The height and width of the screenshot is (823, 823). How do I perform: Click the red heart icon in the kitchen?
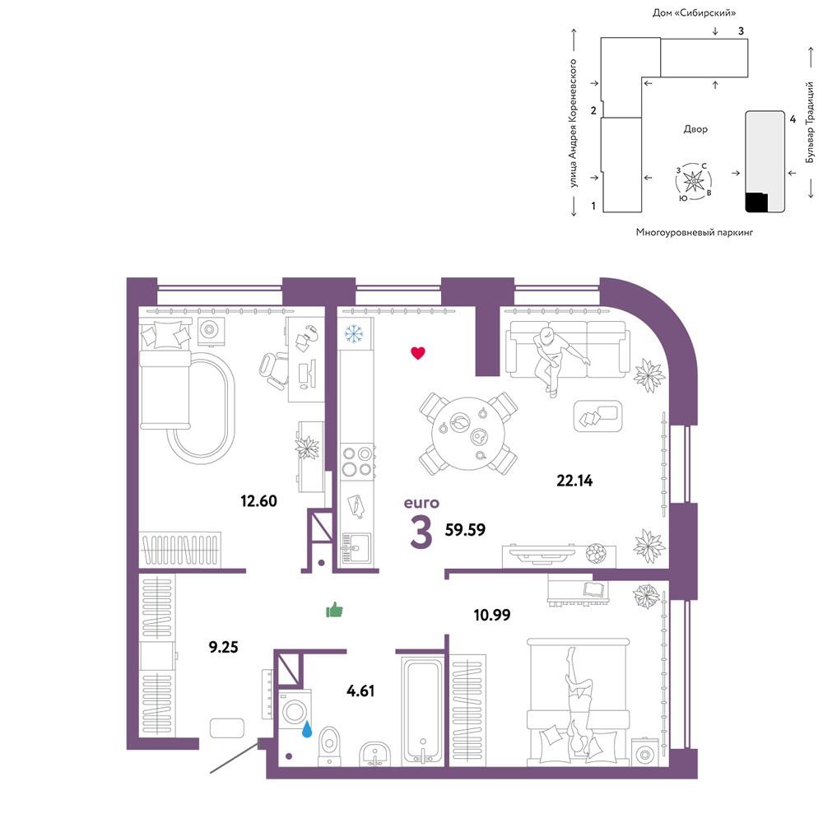418,353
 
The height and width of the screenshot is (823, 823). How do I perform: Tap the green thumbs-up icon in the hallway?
334,610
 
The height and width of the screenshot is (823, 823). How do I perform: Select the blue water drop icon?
307,729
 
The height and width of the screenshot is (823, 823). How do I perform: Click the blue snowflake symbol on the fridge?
354,333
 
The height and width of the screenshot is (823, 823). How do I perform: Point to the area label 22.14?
574,481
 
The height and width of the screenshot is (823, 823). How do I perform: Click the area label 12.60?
258,500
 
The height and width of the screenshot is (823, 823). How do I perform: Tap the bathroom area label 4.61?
360,690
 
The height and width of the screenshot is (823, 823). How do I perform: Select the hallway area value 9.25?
224,647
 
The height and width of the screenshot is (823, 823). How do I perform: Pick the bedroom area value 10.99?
492,615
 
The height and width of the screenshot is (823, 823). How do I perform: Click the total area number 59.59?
465,529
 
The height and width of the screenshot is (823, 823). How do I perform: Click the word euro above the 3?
421,503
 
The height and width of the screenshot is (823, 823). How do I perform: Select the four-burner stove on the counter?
357,461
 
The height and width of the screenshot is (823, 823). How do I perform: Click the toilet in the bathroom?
330,746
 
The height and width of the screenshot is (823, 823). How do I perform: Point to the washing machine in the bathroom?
295,711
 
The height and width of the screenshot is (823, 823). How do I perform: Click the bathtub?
423,712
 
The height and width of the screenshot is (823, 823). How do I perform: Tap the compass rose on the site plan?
694,182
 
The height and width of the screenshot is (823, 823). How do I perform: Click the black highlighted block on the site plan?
756,202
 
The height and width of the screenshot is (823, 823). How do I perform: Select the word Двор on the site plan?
695,128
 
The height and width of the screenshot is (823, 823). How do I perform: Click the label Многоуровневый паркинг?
695,231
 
